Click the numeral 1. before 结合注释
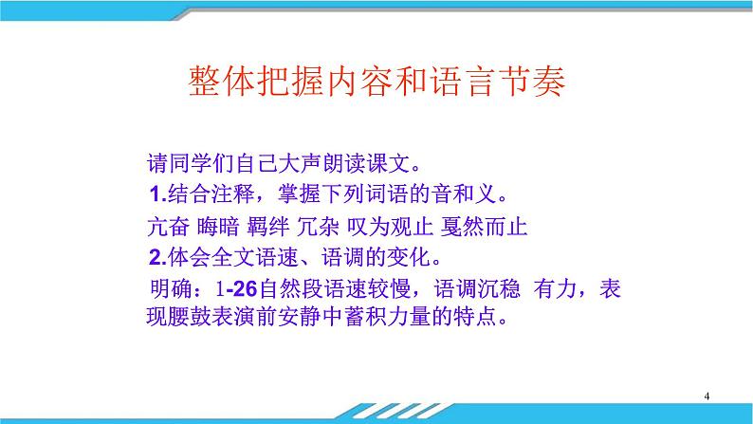point(156,195)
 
